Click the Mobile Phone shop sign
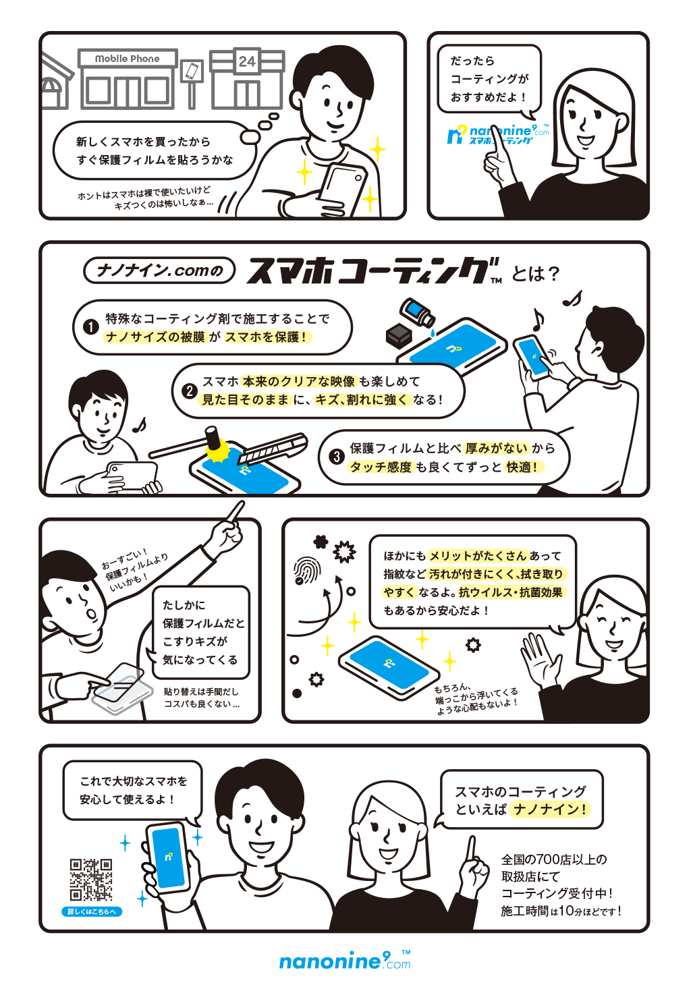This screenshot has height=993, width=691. (x=128, y=59)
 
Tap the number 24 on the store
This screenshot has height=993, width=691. (x=247, y=61)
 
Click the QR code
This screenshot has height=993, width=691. (x=91, y=880)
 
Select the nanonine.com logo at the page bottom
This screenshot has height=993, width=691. (x=344, y=961)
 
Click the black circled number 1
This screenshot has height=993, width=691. (x=91, y=327)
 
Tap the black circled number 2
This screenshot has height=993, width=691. (x=190, y=391)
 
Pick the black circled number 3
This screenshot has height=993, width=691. (x=336, y=457)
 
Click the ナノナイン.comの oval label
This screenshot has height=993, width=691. (x=159, y=271)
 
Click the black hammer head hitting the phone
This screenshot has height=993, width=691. (x=213, y=436)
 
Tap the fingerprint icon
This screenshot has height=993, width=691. (x=308, y=570)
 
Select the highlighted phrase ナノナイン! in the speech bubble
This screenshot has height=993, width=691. (x=550, y=809)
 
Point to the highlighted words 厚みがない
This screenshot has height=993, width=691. (x=497, y=448)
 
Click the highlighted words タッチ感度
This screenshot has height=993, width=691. (x=381, y=467)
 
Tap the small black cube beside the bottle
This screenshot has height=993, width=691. (x=399, y=334)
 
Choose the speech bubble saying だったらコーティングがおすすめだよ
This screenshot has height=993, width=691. (x=489, y=79)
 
